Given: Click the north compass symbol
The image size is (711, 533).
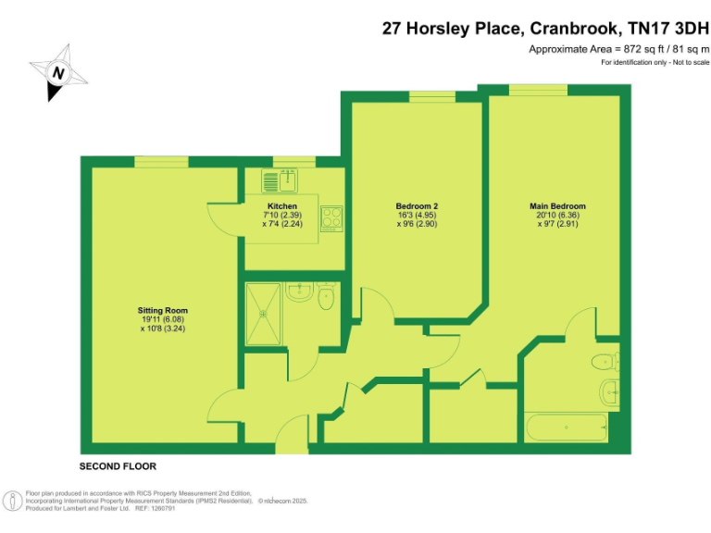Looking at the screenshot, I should tap(57, 72).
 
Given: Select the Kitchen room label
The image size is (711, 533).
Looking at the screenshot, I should tap(282, 205).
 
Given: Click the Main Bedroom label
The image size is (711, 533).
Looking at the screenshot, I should tap(557, 206).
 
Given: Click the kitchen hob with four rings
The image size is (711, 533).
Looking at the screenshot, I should tap(331, 218).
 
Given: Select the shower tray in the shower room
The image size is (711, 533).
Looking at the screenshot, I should tap(266, 312).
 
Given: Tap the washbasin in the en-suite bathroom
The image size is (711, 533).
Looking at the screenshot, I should tap(609, 390).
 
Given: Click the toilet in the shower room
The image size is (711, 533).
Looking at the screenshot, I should tap(325, 301).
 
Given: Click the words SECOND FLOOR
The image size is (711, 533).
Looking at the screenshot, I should tap(118, 465).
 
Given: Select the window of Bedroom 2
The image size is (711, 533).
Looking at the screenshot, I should tap(432, 96).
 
